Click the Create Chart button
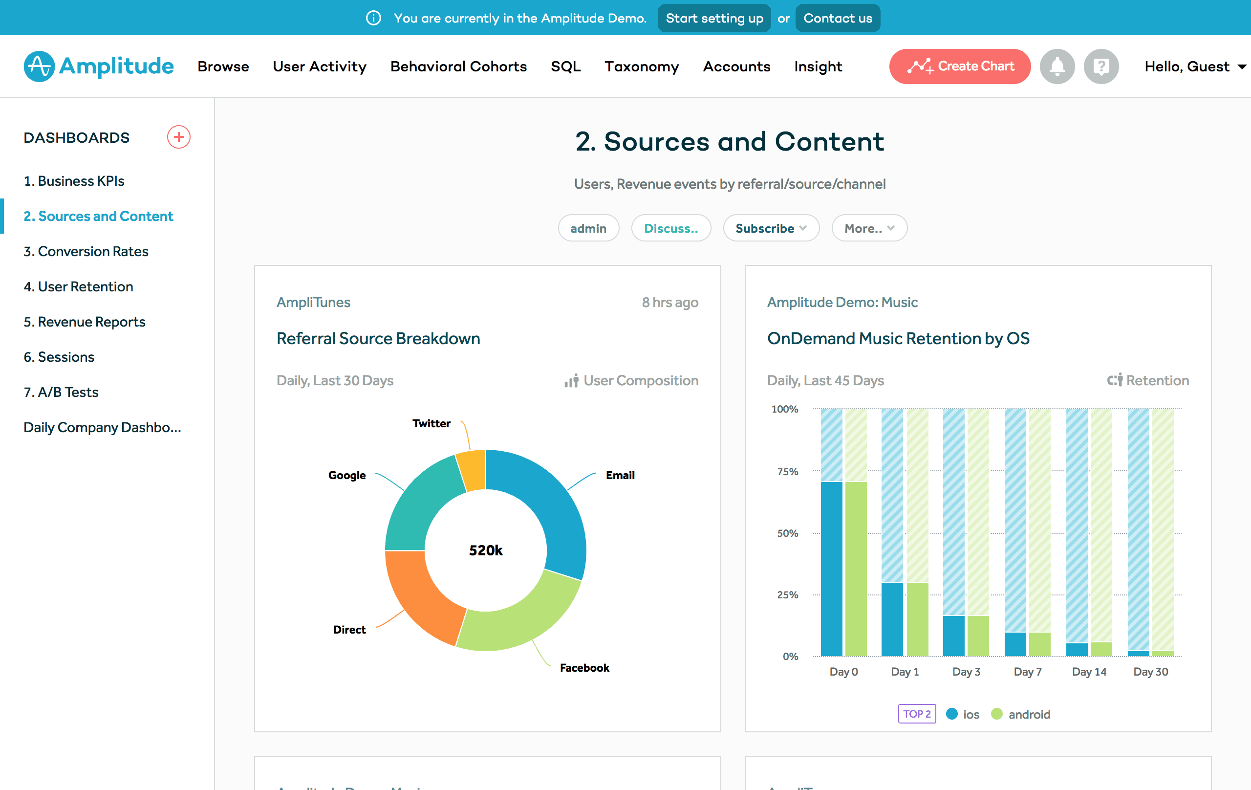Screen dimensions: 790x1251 coord(960,66)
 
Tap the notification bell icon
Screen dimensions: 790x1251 coord(1057,66)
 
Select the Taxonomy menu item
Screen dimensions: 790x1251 coord(642,66)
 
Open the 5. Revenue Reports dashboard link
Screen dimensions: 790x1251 coord(84,322)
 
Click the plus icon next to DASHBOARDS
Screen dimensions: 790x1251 coord(178,137)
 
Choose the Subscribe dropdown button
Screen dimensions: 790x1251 coord(771,228)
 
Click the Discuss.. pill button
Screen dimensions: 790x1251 coord(670,228)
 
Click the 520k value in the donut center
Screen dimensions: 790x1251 coord(486,550)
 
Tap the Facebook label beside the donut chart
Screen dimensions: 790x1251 coord(584,668)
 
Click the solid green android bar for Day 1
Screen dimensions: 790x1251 coord(917,618)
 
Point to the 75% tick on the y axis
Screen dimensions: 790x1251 coord(787,471)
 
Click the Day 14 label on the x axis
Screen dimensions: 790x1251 coord(1089,672)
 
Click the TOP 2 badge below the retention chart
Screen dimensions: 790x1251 coord(917,714)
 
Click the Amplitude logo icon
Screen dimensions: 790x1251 coord(39,66)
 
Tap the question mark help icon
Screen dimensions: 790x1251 coord(1101,66)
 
